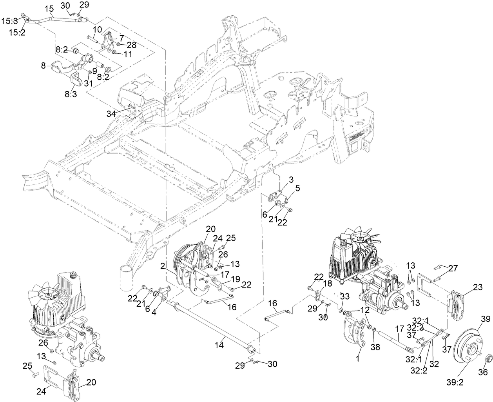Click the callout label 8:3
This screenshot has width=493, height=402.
pos(72,94)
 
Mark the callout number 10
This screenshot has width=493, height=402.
pos(97,29)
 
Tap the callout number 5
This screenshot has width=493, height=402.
pos(297,188)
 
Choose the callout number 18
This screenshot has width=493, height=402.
pos(328,283)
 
